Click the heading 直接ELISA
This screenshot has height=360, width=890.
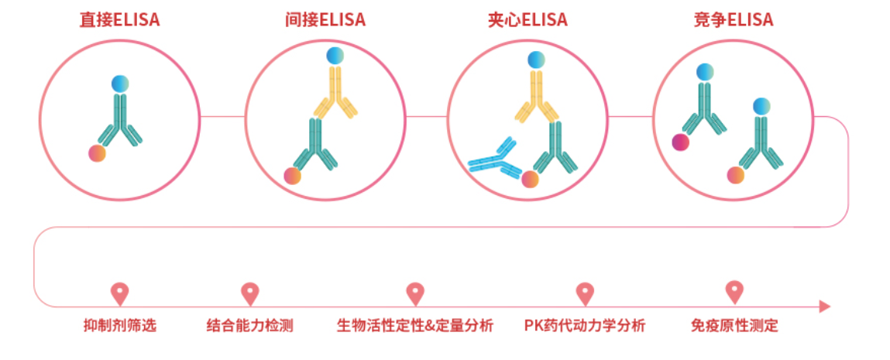120,20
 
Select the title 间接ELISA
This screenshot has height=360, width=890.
325,20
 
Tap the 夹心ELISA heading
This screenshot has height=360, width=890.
527,20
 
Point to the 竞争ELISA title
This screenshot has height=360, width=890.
734,20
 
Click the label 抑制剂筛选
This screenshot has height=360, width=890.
120,326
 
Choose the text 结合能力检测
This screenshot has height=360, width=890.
249,326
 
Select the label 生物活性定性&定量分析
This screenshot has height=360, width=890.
415,326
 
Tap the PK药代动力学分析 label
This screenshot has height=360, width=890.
585,326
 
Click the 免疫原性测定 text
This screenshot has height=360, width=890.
734,326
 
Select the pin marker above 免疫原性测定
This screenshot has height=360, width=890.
734,291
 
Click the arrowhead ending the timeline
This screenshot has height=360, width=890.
825,307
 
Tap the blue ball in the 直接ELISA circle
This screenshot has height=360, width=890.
120,84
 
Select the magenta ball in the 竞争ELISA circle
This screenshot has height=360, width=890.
681,142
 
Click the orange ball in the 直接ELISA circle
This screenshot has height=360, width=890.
97,153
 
